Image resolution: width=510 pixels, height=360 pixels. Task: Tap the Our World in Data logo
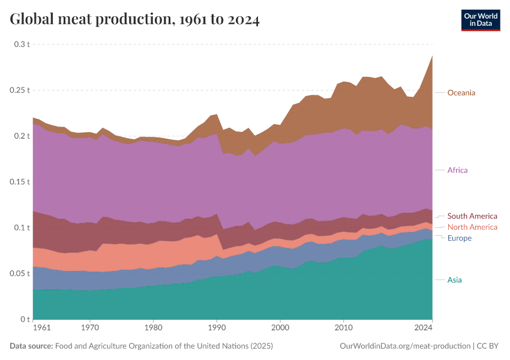pos(480,19)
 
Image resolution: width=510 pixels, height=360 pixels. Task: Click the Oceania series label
pos(461,92)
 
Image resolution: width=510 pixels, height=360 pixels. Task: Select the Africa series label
pos(457,170)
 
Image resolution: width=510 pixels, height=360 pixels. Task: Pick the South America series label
pos(472,216)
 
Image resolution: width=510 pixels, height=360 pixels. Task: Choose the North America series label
pos(472,227)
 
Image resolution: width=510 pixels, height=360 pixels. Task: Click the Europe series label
pos(460,238)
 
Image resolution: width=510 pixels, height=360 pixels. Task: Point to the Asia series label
pos(455,280)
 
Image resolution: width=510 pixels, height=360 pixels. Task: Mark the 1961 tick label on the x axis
pos(42,328)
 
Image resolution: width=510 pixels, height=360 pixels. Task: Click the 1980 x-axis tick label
pos(153,328)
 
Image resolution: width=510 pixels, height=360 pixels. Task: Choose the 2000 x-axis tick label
pos(280,328)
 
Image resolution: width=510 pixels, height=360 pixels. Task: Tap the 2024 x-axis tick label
pos(424,328)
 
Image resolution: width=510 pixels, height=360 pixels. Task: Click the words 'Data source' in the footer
pos(31,346)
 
